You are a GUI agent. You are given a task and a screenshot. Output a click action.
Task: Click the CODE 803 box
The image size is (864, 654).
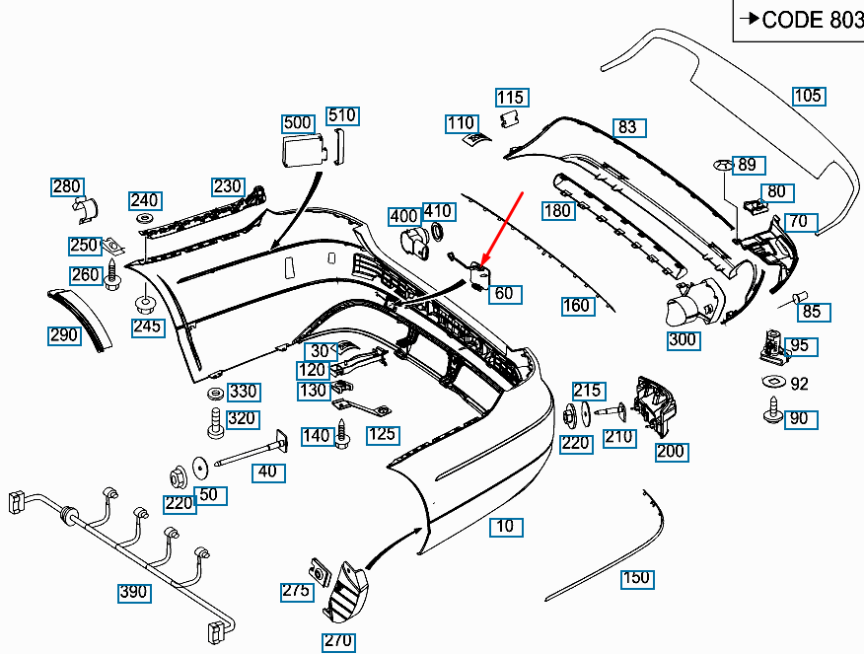coord(799,20)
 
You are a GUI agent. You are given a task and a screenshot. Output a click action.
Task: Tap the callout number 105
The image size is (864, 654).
coord(808,96)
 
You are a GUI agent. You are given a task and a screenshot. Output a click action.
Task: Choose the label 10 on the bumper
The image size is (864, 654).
coord(506,527)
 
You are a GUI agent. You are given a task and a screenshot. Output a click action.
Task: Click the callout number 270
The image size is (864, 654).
coord(336,641)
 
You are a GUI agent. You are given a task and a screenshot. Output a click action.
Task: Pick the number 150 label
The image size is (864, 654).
coord(637,577)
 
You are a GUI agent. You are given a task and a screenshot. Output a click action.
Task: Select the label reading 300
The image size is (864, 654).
coord(683,340)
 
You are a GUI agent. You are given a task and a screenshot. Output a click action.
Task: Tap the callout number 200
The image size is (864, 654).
coord(671,452)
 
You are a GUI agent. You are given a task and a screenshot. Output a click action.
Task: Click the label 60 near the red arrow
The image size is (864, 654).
coord(505,294)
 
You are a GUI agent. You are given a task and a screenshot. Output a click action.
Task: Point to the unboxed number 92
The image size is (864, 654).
coord(799,384)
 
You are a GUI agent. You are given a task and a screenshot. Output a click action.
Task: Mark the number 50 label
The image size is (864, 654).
coord(208,494)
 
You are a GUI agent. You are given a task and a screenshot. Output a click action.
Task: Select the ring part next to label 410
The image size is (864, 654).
coord(437,233)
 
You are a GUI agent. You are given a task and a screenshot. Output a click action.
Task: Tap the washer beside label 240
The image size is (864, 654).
coord(144,217)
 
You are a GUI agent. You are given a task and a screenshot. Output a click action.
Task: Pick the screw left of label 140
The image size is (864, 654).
coord(343,432)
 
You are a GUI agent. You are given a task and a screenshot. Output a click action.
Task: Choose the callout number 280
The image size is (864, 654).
coord(67,186)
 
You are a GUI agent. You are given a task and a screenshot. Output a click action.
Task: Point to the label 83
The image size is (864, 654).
coord(627,127)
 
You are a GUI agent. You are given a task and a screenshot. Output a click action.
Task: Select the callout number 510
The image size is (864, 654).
coord(341,115)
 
